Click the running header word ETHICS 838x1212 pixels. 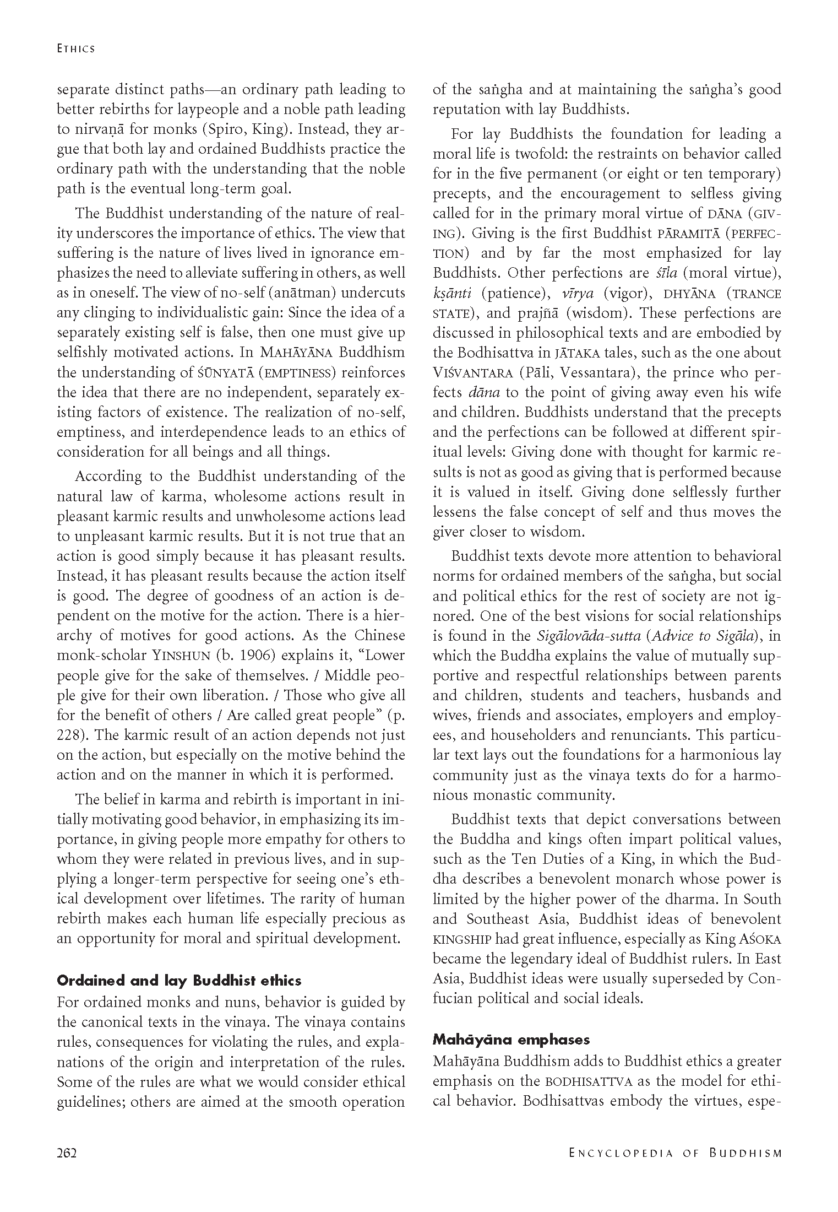pos(76,48)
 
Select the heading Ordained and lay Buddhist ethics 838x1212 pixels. pos(179,981)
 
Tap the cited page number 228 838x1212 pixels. pos(68,735)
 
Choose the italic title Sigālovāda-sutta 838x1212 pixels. pos(589,636)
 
